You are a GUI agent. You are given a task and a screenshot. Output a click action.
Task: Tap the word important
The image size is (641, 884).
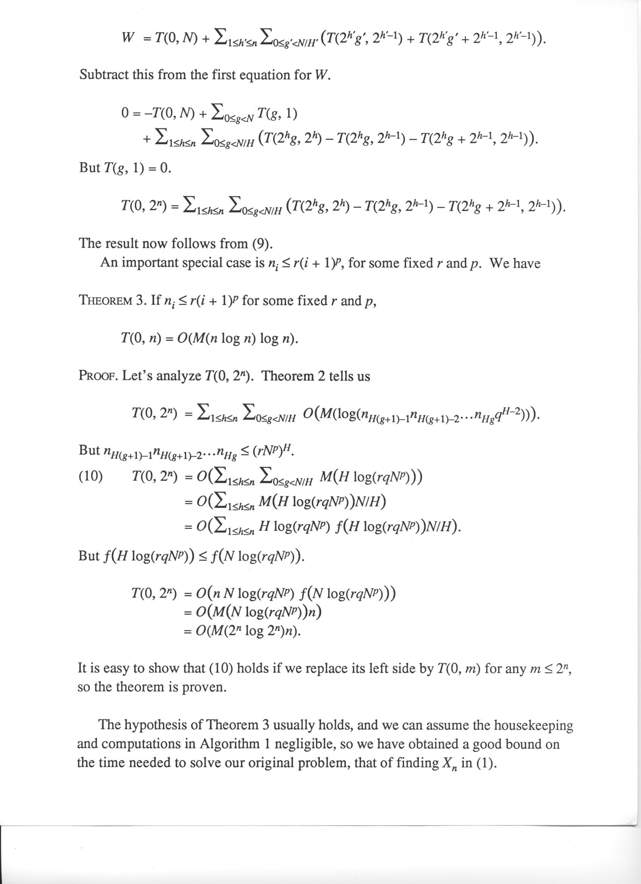(150, 263)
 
